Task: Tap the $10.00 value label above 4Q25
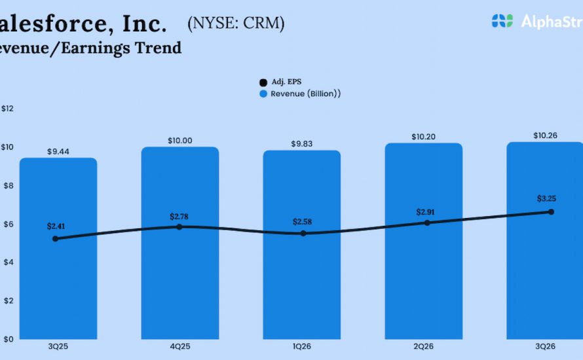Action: pos(180,141)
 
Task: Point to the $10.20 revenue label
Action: pos(424,137)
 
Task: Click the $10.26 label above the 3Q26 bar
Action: pos(544,136)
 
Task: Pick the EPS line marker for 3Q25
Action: pos(56,239)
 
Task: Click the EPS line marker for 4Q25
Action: pos(179,227)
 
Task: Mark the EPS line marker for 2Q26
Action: pos(427,223)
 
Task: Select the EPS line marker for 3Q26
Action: pos(551,211)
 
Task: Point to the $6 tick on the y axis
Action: pos(7,224)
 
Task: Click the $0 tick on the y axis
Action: pos(7,339)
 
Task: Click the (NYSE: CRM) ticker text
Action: pos(236,24)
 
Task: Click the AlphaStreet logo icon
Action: pos(502,21)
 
